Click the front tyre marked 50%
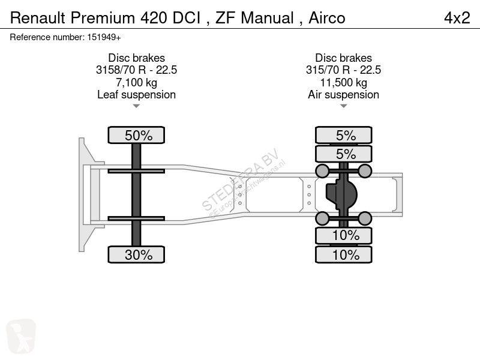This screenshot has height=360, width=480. [x=136, y=135]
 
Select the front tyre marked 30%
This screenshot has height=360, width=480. [x=136, y=254]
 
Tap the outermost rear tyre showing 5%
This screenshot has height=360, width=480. [x=343, y=135]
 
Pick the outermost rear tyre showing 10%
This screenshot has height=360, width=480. [x=343, y=254]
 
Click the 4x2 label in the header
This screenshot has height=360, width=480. [x=457, y=18]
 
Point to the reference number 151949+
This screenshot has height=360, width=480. [x=104, y=37]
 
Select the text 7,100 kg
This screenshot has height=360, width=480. [x=136, y=82]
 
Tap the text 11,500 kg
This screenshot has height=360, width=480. [x=343, y=82]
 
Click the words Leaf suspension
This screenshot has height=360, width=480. [x=136, y=95]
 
